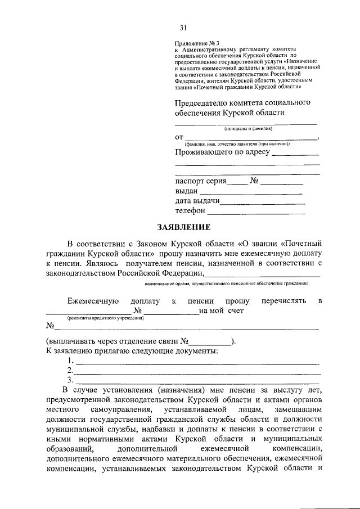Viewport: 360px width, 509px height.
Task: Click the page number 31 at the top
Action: [183, 28]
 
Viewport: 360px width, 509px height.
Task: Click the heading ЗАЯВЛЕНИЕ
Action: [183, 227]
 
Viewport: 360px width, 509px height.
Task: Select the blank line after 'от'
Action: [251, 138]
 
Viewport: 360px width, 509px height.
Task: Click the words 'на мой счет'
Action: [223, 311]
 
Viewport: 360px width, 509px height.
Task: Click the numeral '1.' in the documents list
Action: [70, 361]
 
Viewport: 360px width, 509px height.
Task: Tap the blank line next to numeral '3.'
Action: [198, 382]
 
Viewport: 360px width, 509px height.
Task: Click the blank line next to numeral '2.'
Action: [198, 372]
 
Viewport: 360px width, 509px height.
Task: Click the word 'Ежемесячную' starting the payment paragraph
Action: [89, 301]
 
